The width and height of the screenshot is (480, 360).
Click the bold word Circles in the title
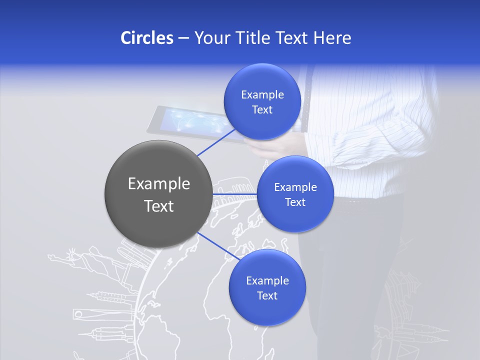point(147,37)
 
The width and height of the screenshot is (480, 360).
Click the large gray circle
point(158,193)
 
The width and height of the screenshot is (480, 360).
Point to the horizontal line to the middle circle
point(235,194)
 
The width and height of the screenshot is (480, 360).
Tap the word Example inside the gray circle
point(158,183)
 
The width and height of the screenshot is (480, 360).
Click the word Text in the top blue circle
point(262,109)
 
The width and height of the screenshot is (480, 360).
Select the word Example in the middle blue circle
point(295,187)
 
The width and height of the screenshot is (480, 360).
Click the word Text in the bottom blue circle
point(267,295)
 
